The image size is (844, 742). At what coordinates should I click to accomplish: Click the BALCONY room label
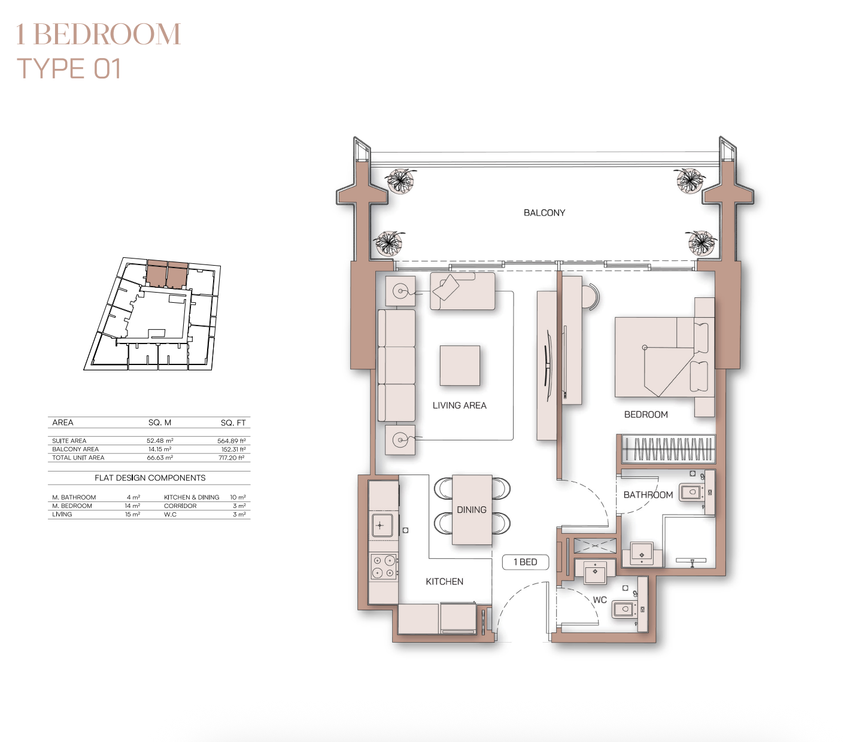[x=544, y=213]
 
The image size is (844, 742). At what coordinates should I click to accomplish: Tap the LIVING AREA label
[x=459, y=406]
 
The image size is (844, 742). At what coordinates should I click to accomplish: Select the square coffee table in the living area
[x=460, y=365]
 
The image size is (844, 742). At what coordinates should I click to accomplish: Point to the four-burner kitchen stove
[x=384, y=566]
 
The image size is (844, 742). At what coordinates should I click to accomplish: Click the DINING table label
[x=472, y=510]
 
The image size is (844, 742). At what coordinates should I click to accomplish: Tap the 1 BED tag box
[x=526, y=562]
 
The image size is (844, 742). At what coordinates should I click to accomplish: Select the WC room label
[x=599, y=600]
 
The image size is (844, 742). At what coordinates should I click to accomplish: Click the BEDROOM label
[x=646, y=415]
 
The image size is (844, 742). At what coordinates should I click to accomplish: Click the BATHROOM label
[x=648, y=495]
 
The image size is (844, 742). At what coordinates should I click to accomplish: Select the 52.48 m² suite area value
[x=160, y=440]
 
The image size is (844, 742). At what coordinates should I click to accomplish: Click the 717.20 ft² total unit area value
[x=232, y=458]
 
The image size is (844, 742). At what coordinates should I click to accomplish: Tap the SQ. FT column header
[x=233, y=422]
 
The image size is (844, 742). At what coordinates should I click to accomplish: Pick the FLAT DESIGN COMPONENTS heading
[x=150, y=478]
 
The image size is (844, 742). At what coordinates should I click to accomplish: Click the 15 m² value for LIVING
[x=132, y=515]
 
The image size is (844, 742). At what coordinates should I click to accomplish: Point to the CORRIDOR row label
[x=180, y=506]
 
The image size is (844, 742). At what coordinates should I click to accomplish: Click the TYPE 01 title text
[x=69, y=68]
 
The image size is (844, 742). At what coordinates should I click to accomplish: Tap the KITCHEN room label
[x=444, y=582]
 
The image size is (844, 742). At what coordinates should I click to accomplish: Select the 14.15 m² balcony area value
[x=160, y=449]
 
